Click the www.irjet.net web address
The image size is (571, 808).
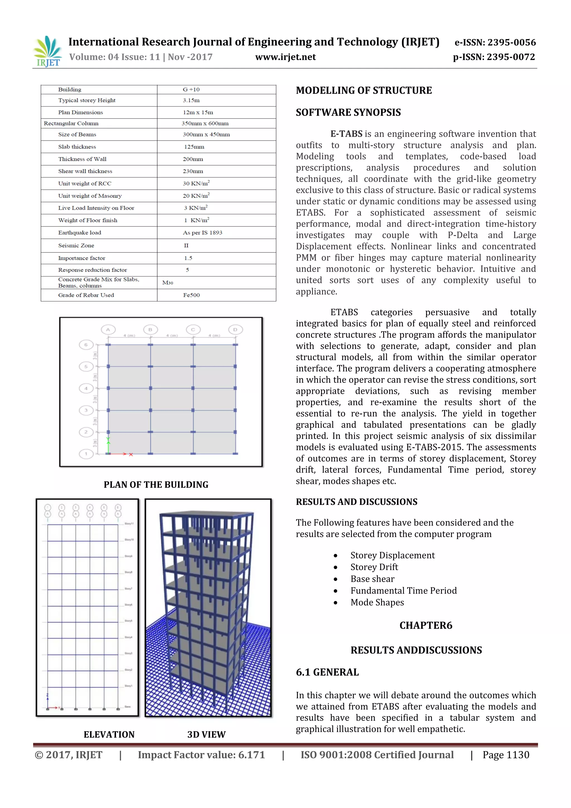(285, 57)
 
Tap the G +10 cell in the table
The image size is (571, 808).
(191, 89)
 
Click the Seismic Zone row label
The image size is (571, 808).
(76, 245)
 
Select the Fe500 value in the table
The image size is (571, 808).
(191, 295)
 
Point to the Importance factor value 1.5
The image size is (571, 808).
(188, 258)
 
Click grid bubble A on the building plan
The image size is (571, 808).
(108, 330)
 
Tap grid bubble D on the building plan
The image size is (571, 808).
(235, 330)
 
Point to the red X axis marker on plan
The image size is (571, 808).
(130, 454)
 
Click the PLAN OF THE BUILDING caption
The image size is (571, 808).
(156, 484)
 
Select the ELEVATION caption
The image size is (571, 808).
(109, 734)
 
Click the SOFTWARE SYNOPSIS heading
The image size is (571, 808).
(348, 112)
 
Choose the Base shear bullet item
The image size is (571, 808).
(372, 579)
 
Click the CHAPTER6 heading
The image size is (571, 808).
(426, 625)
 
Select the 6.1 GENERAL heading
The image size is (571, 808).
(327, 672)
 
